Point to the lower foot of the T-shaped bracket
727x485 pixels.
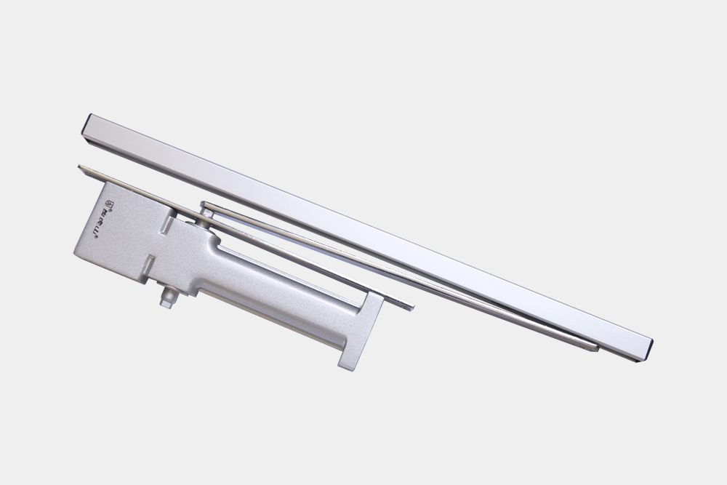pyautogui.click(x=348, y=361)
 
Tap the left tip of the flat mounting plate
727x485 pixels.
pyautogui.click(x=82, y=168)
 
